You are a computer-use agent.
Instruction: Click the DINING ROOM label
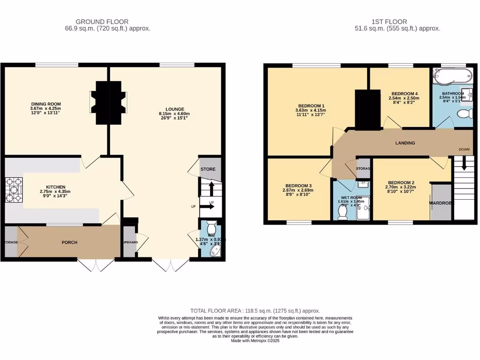[x=46, y=104]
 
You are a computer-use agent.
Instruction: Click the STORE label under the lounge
[x=208, y=169]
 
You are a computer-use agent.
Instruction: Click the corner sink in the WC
[x=217, y=252]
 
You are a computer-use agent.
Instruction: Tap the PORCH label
[x=69, y=242]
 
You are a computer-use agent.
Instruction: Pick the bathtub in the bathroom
[x=454, y=75]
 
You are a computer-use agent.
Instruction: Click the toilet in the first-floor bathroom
[x=465, y=113]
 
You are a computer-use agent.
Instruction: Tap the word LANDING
[x=405, y=143]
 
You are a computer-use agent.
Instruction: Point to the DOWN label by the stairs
[x=464, y=150]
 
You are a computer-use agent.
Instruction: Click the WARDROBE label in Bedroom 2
[x=441, y=203]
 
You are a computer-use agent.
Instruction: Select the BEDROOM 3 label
[x=297, y=186]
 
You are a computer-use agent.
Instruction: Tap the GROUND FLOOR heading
[x=102, y=22]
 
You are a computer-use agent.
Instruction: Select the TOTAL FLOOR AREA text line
[x=255, y=311]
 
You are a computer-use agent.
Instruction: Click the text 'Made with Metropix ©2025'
[x=255, y=341]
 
